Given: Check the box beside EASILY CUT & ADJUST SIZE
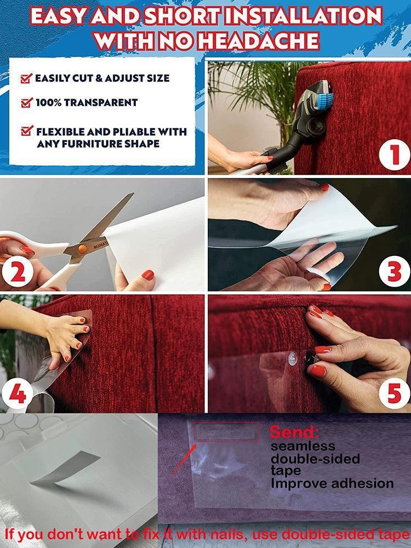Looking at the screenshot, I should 26,78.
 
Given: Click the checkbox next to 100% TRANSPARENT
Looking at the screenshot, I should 26,102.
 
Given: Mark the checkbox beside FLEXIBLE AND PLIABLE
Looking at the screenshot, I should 26,132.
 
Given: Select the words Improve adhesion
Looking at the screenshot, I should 332,483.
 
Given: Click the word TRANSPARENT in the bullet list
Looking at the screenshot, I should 107,102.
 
